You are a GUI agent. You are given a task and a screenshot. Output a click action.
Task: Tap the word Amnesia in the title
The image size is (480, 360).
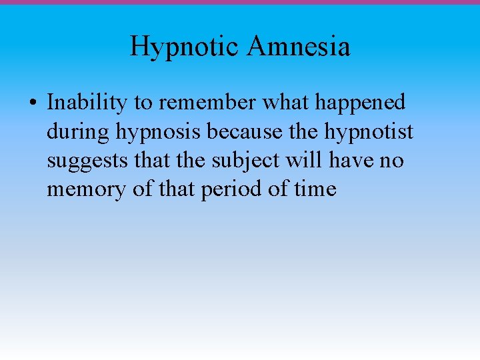pyautogui.click(x=299, y=47)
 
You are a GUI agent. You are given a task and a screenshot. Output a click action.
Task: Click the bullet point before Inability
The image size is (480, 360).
pyautogui.click(x=33, y=103)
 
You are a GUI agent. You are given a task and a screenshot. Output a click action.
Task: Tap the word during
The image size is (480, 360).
pyautogui.click(x=78, y=132)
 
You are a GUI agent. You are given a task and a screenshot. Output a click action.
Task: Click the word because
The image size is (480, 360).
pyautogui.click(x=245, y=131)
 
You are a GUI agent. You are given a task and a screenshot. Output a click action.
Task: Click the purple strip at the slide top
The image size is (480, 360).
pyautogui.click(x=240, y=2)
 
